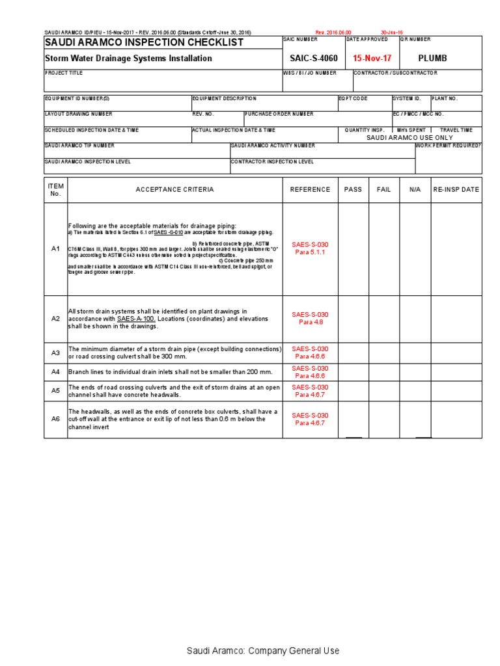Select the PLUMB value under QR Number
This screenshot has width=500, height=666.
click(432, 58)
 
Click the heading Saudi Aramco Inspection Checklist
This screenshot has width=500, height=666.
click(144, 42)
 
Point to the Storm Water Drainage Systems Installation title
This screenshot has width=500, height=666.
click(128, 59)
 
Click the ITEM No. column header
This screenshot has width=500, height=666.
click(55, 189)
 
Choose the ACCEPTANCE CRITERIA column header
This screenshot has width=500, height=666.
click(174, 190)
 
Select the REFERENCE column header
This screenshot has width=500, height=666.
click(310, 190)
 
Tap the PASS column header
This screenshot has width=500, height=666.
click(353, 190)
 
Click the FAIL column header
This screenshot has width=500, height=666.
click(384, 190)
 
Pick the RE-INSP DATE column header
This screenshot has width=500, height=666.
click(456, 190)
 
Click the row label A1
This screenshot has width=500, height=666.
click(55, 249)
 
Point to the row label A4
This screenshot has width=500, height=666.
click(55, 372)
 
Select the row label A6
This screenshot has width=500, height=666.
click(55, 420)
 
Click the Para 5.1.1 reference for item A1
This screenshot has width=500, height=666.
click(310, 252)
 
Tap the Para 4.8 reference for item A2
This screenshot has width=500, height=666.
click(310, 322)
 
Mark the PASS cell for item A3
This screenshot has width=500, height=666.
click(353, 353)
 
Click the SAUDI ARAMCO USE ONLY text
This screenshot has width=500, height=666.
click(410, 138)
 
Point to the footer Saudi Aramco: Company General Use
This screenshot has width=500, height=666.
click(263, 650)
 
